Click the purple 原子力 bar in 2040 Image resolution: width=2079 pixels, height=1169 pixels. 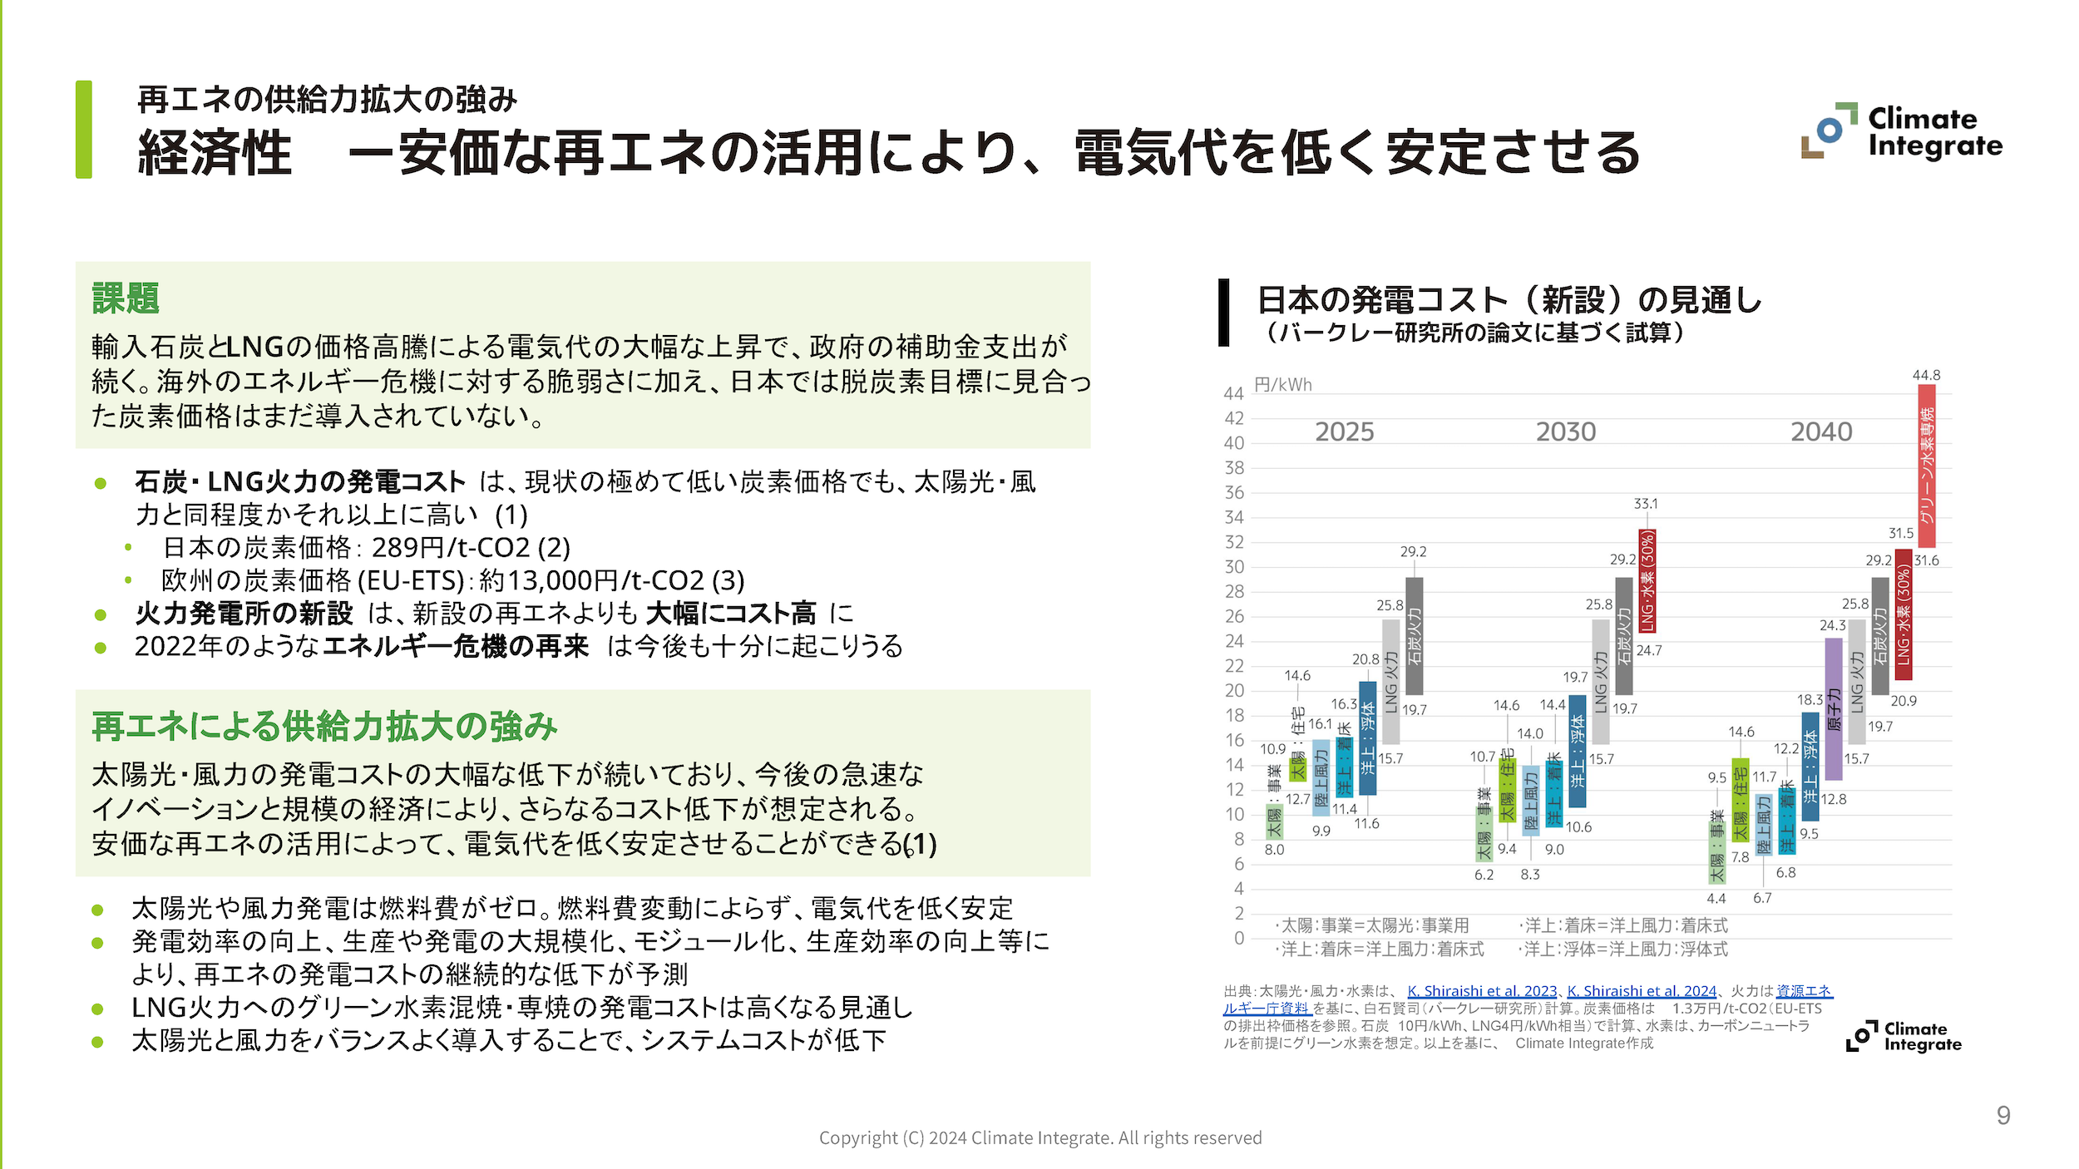(x=1833, y=708)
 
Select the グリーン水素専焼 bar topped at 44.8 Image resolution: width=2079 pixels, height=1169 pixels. (x=1926, y=466)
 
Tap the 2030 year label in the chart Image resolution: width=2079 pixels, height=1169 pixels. (x=1566, y=432)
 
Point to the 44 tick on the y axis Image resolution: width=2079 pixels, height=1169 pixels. (x=1233, y=393)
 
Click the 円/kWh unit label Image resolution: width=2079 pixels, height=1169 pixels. (x=1282, y=385)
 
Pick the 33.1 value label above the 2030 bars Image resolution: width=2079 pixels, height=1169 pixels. (x=1646, y=504)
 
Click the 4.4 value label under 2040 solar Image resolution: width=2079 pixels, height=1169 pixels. (x=1716, y=899)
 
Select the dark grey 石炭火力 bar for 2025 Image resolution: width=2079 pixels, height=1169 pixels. (x=1414, y=636)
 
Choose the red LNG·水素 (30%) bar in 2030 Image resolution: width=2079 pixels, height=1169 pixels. (x=1647, y=581)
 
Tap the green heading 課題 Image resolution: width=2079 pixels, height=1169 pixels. (x=126, y=298)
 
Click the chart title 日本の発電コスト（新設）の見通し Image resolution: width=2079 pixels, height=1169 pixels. (x=1509, y=300)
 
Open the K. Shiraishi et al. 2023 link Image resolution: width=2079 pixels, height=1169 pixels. (x=1482, y=991)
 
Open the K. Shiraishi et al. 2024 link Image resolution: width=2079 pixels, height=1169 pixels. (x=1642, y=991)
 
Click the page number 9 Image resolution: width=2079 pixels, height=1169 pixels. (x=2003, y=1115)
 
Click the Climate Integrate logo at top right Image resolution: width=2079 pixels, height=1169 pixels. (x=1902, y=131)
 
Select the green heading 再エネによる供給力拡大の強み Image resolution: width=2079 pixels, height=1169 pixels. (x=324, y=727)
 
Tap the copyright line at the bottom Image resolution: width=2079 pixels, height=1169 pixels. (x=1040, y=1137)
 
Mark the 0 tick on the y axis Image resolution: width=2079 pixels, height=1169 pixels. (x=1239, y=938)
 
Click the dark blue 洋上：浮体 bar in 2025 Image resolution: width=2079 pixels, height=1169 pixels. (x=1367, y=738)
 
